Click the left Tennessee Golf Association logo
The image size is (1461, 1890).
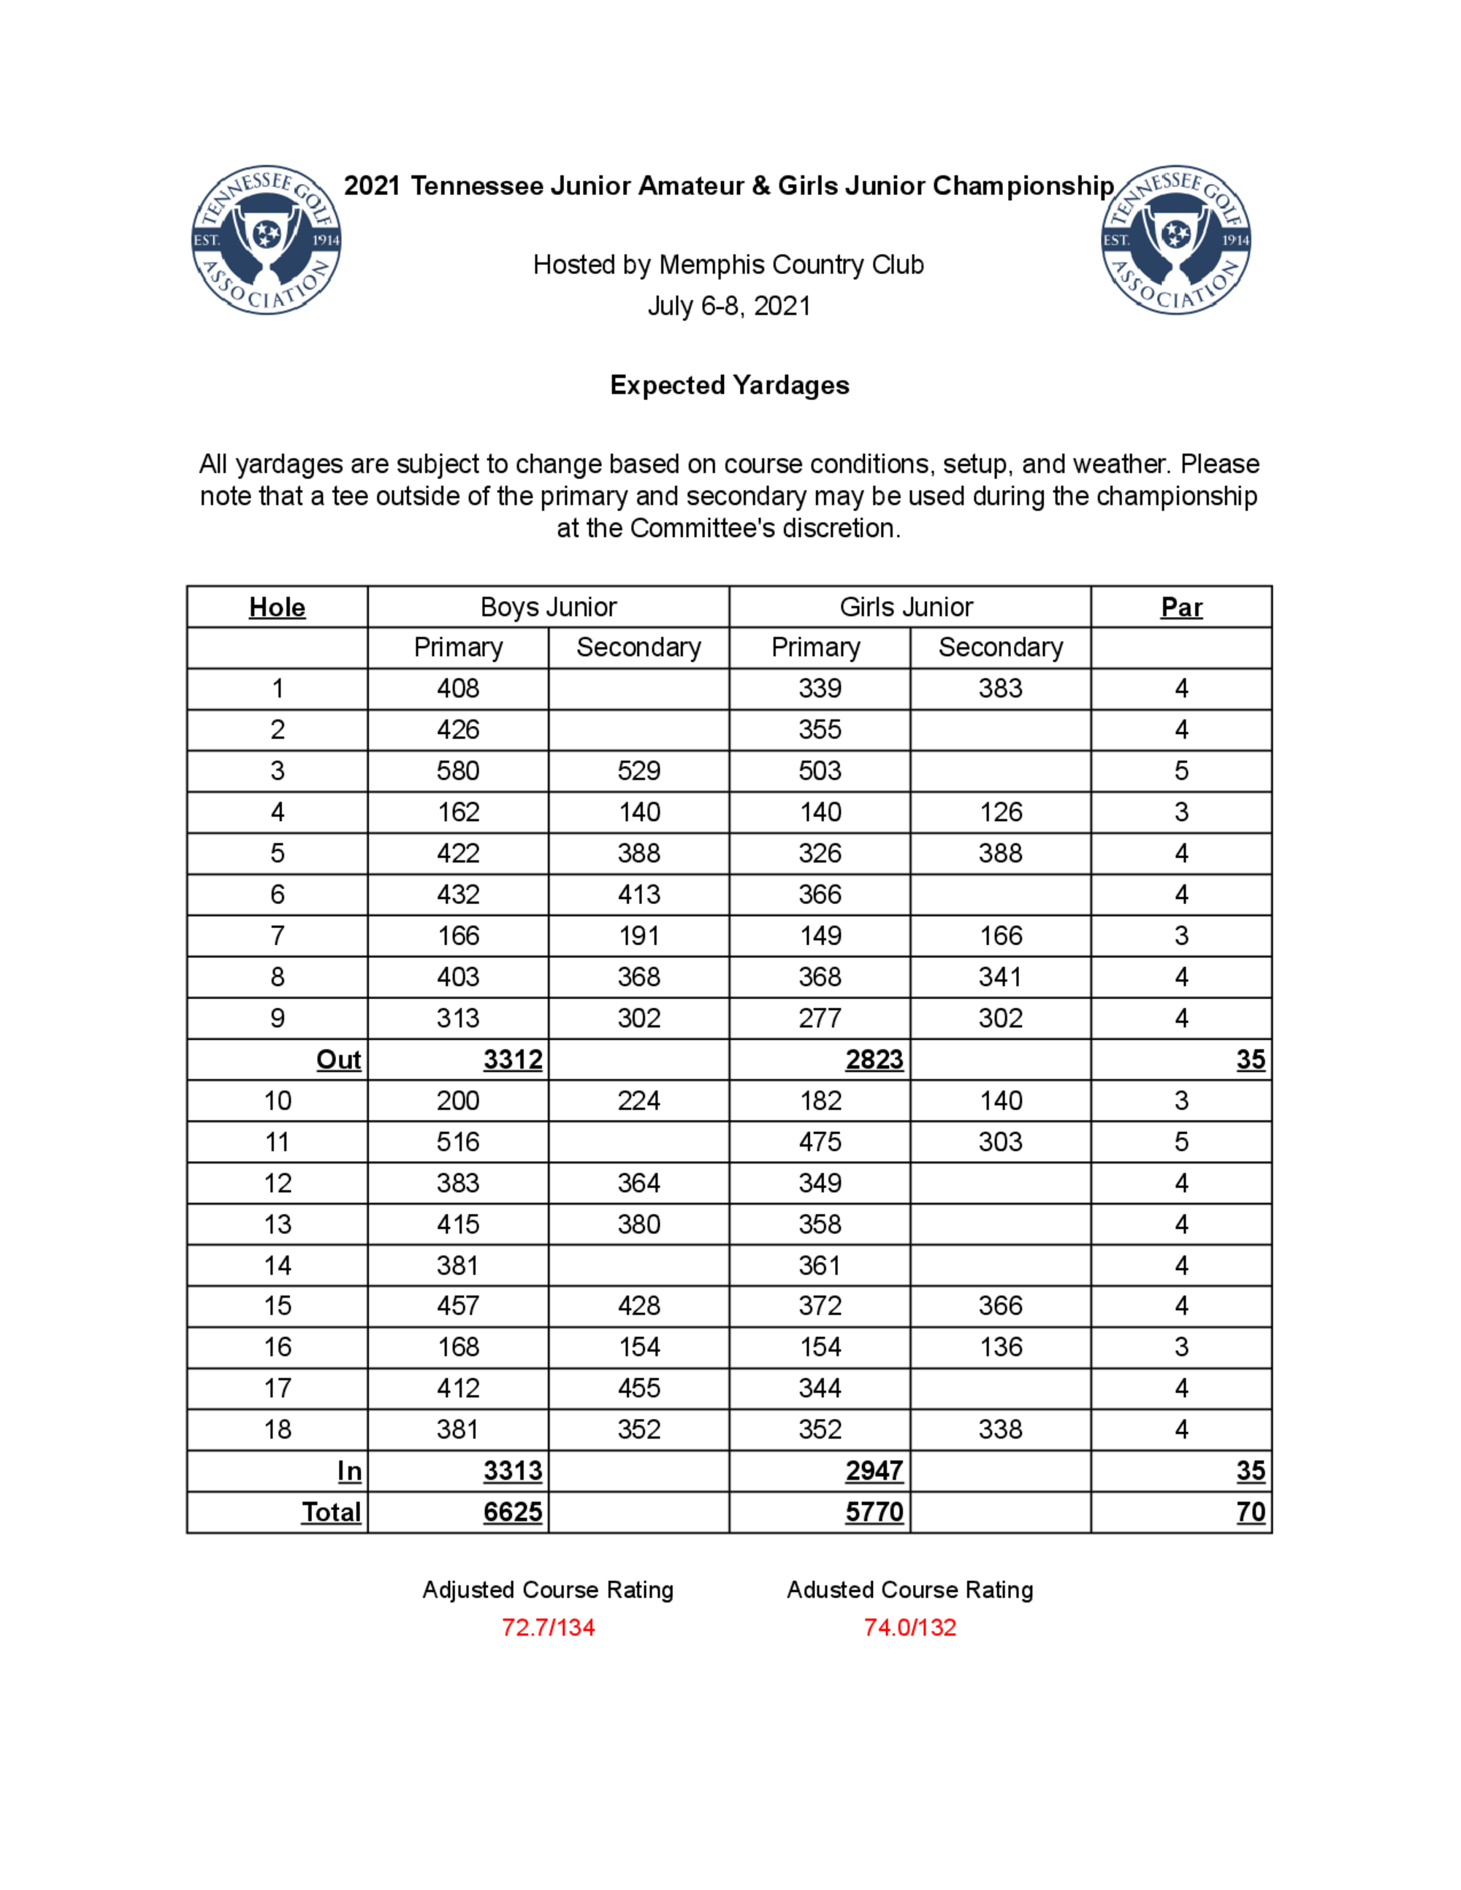click(266, 240)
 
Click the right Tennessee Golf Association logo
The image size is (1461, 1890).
click(1175, 240)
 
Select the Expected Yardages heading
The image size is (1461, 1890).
click(730, 385)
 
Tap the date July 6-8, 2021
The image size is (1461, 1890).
click(729, 306)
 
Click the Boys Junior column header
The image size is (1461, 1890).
click(548, 608)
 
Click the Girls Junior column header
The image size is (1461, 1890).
click(907, 608)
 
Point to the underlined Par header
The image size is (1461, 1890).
click(1180, 608)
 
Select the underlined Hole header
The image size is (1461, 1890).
click(277, 608)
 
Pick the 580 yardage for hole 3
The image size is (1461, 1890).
click(458, 771)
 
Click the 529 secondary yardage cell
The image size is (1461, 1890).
click(638, 771)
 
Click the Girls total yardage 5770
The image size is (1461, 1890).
click(874, 1512)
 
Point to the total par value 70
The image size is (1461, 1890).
click(1251, 1512)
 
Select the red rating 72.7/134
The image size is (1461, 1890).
click(548, 1628)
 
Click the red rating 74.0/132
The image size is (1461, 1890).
click(909, 1628)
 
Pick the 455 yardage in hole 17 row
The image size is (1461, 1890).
click(638, 1388)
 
